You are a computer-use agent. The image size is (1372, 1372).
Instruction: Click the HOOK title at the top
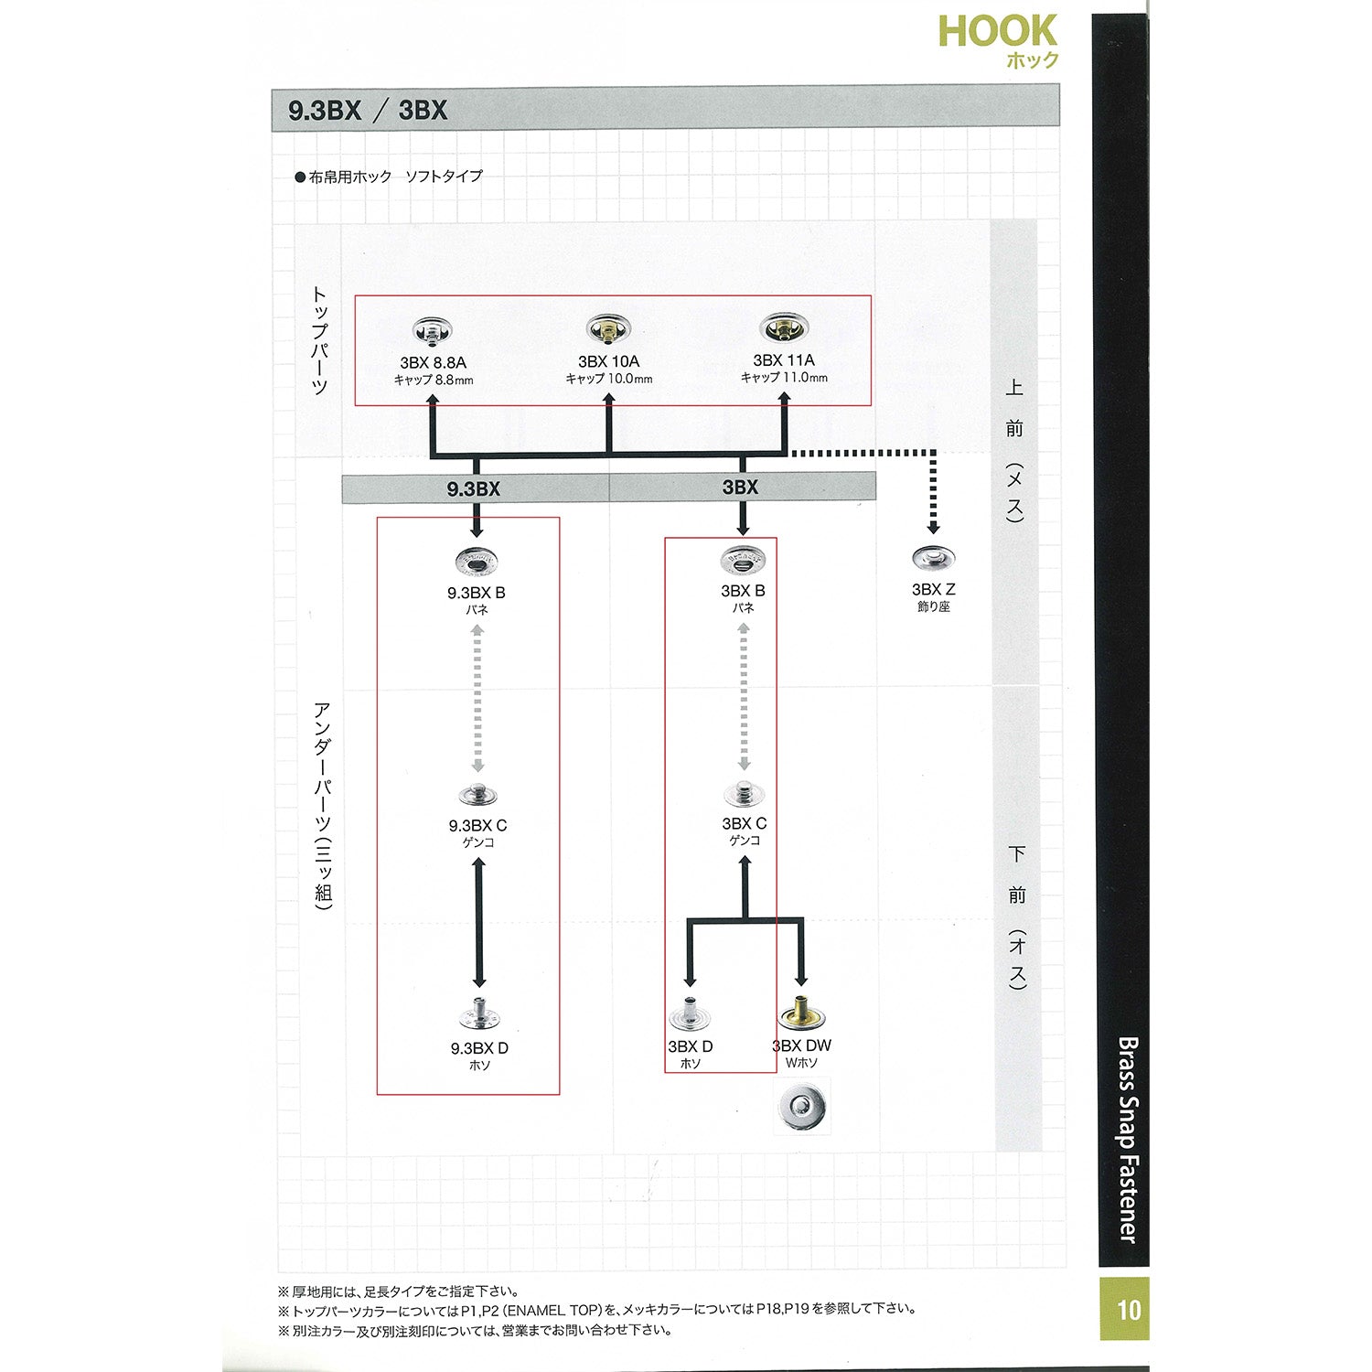coord(997,32)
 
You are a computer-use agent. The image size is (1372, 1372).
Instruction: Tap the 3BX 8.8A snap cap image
coord(433,330)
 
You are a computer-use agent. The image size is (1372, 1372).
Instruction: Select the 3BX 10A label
coord(608,361)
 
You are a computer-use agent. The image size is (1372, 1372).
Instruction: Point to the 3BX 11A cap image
coord(784,328)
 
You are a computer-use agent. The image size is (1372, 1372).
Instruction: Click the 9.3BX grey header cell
coord(475,489)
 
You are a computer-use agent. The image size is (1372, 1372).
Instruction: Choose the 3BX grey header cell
coord(741,488)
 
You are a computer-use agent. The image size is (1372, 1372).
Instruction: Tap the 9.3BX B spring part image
coord(476,562)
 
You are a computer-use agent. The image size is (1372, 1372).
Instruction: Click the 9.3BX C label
coord(477,825)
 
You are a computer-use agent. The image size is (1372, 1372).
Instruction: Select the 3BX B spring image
coord(743,558)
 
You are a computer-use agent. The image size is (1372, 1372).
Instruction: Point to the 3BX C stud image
coord(744,794)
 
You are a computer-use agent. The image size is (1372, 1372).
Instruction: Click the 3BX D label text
coord(691,1046)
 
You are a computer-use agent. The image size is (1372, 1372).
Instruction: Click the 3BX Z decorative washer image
coord(933,557)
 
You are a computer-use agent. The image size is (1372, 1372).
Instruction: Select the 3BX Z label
coord(933,590)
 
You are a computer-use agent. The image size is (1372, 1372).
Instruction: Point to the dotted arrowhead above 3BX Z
coord(933,528)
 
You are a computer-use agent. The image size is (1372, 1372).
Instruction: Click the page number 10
coord(1129,1310)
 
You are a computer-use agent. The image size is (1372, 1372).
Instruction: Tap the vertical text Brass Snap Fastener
coord(1127,1139)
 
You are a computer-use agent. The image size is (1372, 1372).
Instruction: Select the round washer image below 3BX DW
coord(802,1106)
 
